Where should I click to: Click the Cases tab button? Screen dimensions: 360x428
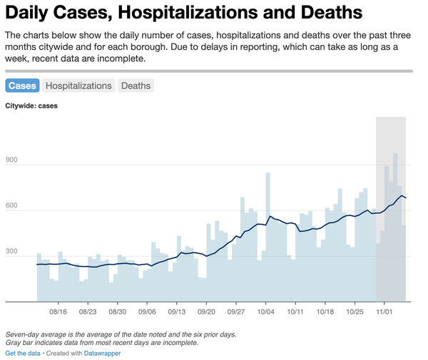22,86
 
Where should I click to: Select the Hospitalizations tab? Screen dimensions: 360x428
78,86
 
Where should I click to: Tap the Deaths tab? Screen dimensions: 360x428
136,86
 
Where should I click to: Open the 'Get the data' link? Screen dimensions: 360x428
23,353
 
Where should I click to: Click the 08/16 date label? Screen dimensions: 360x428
58,312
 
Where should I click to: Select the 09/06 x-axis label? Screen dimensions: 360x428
147,312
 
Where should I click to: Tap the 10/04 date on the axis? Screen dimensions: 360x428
266,312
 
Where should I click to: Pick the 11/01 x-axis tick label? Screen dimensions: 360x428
385,312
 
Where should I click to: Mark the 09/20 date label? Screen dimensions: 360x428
207,312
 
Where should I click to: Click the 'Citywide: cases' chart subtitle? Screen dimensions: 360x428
31,106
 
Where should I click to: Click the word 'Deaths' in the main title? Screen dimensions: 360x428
327,13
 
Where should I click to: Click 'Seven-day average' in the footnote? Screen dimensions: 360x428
36,334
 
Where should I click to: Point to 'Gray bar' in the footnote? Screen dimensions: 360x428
20,342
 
